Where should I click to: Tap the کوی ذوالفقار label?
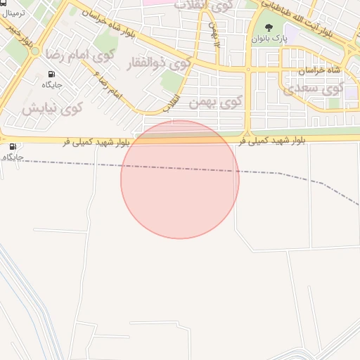point(158,65)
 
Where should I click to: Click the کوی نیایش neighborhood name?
point(51,108)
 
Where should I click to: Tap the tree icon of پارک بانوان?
point(269,27)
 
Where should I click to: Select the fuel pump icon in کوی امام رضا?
point(51,74)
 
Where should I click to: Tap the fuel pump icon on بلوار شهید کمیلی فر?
point(13,146)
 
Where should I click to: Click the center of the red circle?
point(180,179)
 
